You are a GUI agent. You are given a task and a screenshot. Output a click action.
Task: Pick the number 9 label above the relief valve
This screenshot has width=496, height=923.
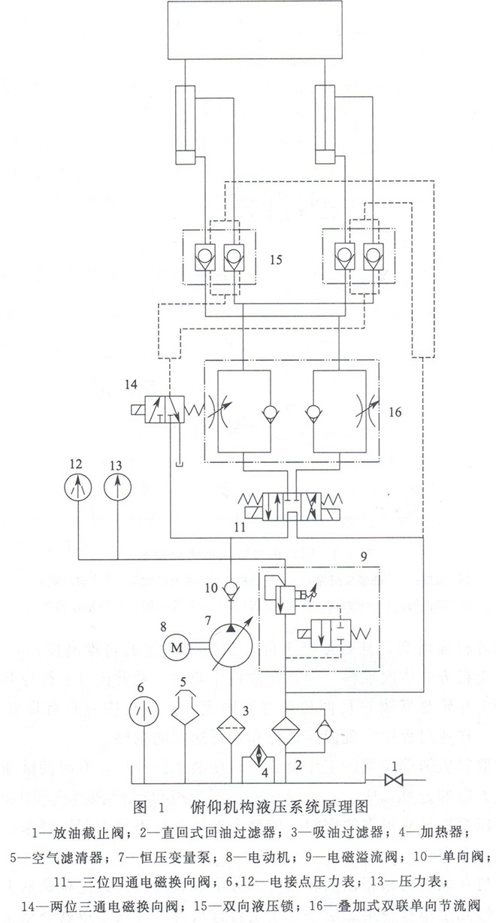click(x=363, y=558)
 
